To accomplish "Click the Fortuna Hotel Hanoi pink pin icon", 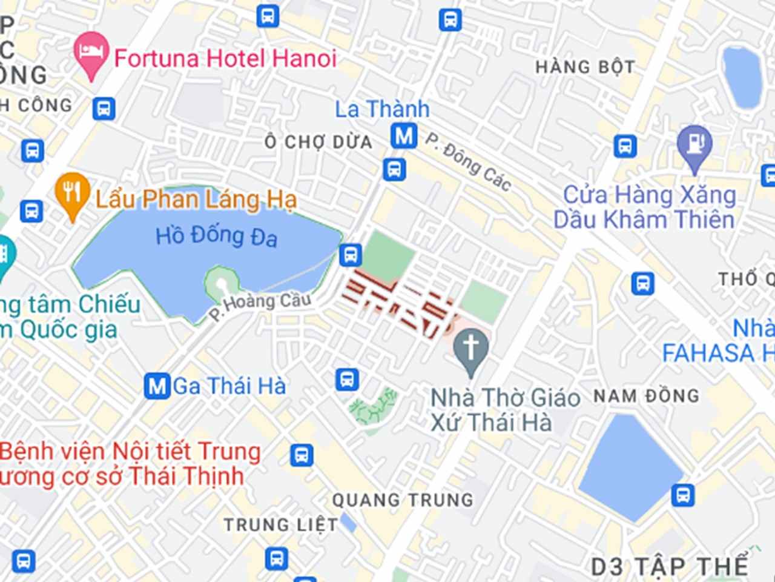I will click(91, 53).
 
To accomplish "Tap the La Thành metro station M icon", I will click(404, 135).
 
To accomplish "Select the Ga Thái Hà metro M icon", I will click(157, 386).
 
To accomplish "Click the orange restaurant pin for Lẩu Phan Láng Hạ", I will click(72, 194).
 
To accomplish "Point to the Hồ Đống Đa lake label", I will click(216, 236).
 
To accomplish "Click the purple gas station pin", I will click(695, 145).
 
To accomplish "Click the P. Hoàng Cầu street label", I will click(260, 306).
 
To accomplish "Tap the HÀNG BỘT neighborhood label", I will click(585, 67).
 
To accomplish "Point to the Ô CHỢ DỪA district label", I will click(318, 142).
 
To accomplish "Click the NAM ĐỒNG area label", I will click(646, 396).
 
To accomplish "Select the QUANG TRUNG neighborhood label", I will click(403, 500).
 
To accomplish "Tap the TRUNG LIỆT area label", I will click(281, 524).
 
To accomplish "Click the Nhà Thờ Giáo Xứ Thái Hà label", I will click(504, 410).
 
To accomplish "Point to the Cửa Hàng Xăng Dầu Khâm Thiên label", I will click(645, 207).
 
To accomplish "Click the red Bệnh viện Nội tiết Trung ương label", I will click(130, 464).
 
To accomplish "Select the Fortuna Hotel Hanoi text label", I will click(225, 59).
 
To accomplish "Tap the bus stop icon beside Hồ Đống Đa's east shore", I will click(350, 255).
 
